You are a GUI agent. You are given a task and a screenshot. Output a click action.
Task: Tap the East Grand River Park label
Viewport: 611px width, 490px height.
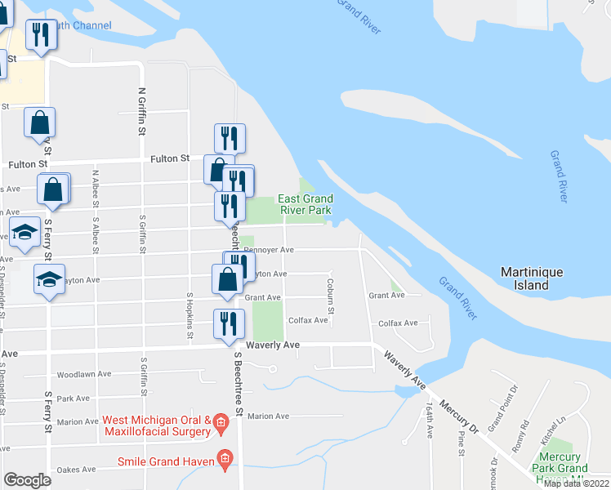coord(305,204)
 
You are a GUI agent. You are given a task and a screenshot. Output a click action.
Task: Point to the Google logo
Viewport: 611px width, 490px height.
coord(27,480)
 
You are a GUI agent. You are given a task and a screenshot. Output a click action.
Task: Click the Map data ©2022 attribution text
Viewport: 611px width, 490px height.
coord(576,483)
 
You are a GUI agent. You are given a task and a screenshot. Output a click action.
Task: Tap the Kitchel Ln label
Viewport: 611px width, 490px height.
coord(560,430)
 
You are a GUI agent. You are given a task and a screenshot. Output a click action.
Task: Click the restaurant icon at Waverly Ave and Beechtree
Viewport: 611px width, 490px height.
coord(229,324)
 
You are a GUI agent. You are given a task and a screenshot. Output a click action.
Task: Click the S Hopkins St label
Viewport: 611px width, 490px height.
coord(190,316)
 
